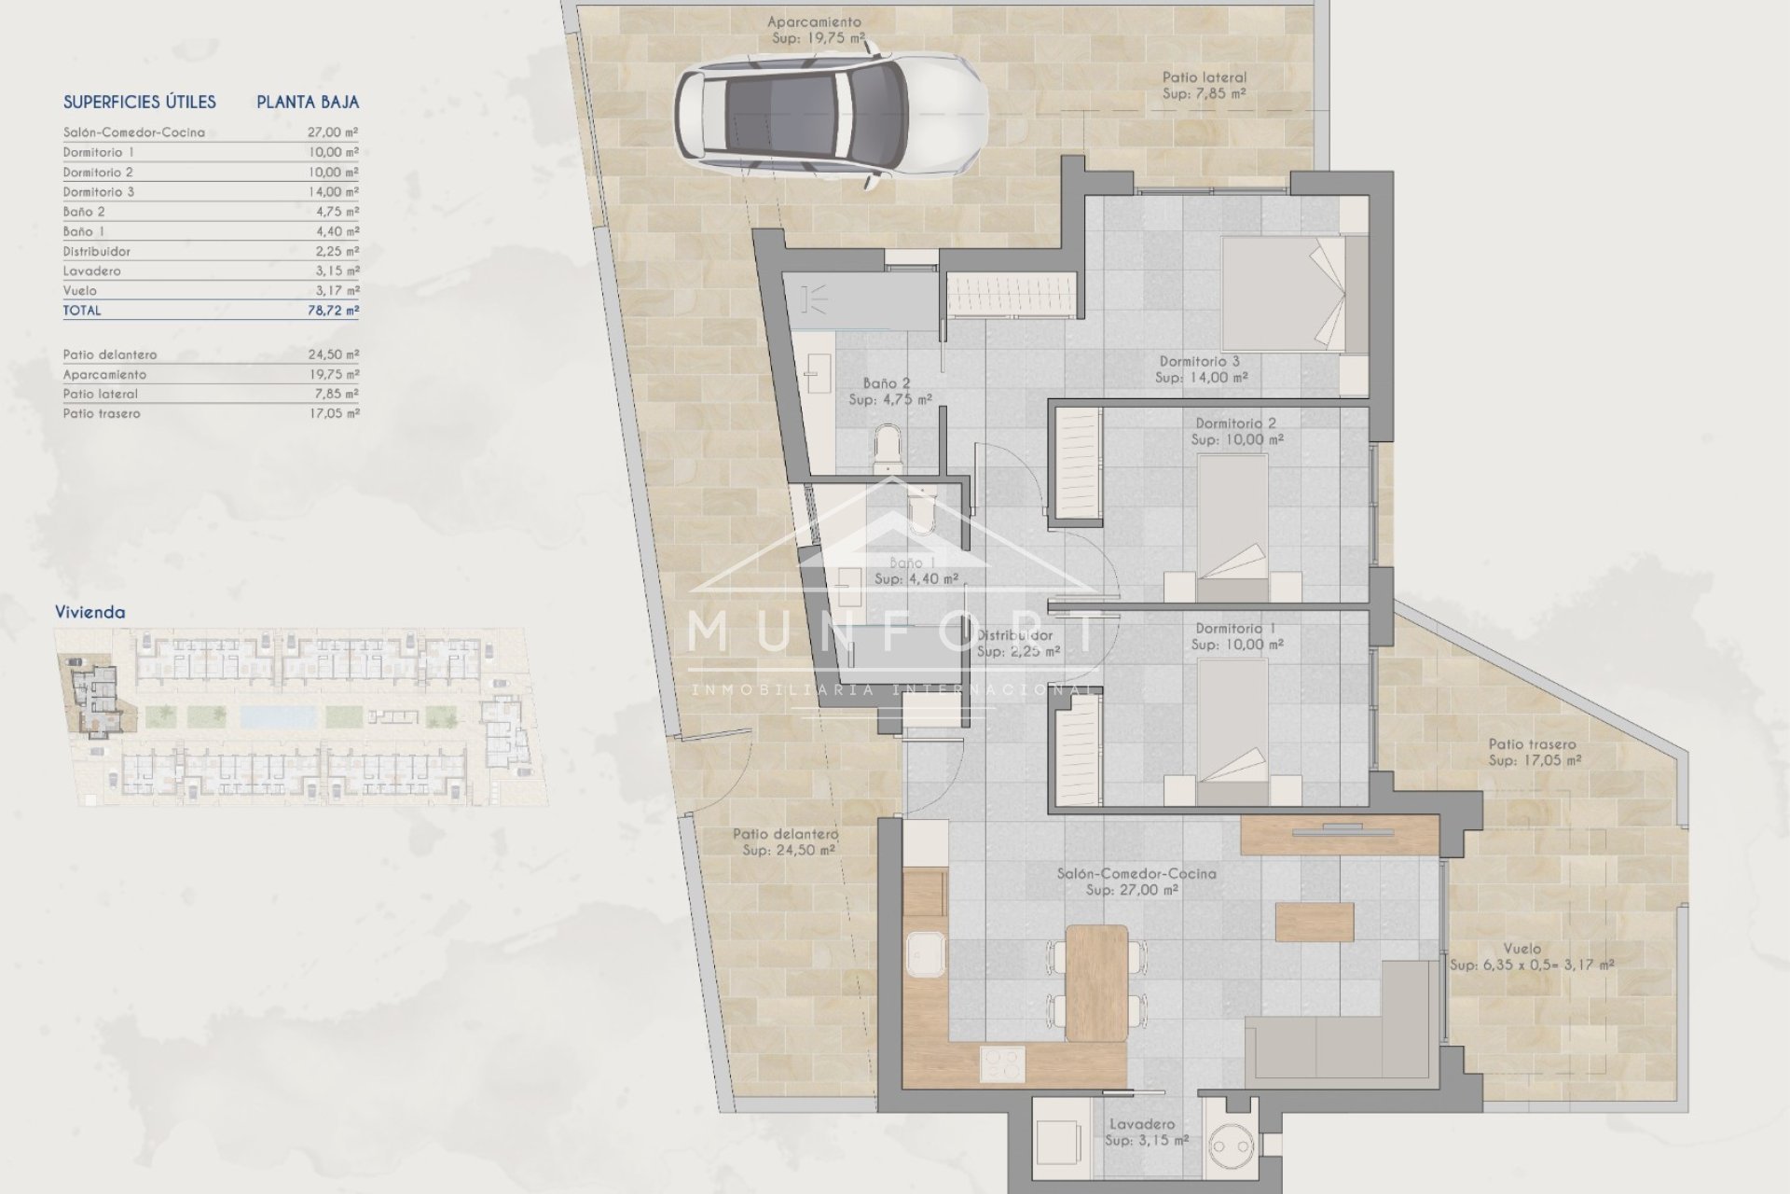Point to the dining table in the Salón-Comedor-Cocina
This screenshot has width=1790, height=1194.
[1096, 982]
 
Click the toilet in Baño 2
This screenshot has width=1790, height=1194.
[888, 447]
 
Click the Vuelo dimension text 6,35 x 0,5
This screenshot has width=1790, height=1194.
[1532, 965]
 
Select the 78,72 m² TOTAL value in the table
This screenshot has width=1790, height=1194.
[333, 311]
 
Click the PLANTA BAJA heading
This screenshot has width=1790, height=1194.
[308, 102]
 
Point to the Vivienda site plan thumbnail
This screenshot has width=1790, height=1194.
[300, 716]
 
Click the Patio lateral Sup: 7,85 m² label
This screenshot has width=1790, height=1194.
[1204, 86]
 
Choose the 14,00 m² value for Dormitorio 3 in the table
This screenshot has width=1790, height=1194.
[333, 191]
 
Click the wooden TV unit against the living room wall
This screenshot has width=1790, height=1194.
[1340, 834]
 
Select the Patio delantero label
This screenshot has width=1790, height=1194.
[786, 841]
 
